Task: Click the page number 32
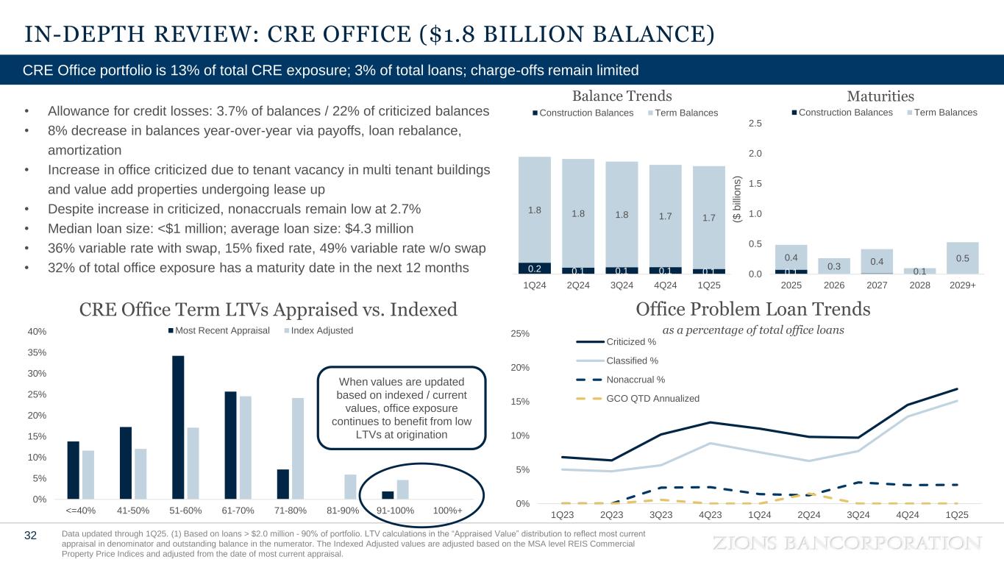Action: pyautogui.click(x=30, y=536)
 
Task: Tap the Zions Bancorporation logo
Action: pyautogui.click(x=848, y=543)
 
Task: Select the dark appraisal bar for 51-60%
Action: pyautogui.click(x=178, y=427)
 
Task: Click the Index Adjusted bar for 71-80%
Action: pyautogui.click(x=298, y=448)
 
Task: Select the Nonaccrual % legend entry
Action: pyautogui.click(x=636, y=380)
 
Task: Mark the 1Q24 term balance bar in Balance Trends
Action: pyautogui.click(x=535, y=209)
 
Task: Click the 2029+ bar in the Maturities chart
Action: pyautogui.click(x=963, y=257)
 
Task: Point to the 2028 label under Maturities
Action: pyautogui.click(x=921, y=284)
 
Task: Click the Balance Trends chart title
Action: pyautogui.click(x=622, y=96)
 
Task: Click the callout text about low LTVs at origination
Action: pyautogui.click(x=402, y=408)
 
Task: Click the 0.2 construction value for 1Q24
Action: pyautogui.click(x=535, y=268)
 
